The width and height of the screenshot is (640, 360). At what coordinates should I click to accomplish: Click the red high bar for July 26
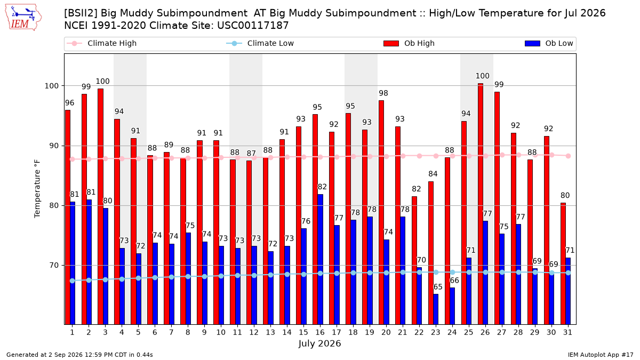tap(481, 204)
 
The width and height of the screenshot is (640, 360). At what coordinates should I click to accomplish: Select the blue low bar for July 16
tap(321, 259)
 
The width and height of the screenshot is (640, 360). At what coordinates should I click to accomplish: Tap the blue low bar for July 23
tap(436, 309)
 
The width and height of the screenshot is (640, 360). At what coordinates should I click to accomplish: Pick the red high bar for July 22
tap(414, 261)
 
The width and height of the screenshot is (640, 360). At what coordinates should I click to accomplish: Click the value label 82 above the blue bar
tap(322, 187)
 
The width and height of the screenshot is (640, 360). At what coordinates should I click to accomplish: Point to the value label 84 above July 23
tap(433, 174)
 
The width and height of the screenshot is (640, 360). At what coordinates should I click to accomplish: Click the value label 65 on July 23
tap(438, 287)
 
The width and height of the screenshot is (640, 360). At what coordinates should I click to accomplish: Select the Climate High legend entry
tap(101, 43)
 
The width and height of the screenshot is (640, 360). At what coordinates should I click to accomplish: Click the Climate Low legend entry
tap(260, 43)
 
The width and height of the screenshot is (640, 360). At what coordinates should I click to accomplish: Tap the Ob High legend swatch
tap(391, 43)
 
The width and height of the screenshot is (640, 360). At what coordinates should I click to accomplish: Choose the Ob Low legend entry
tap(549, 43)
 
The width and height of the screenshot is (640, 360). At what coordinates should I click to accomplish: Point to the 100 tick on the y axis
tap(52, 86)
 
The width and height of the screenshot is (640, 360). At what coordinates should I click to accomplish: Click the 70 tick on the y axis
tap(54, 266)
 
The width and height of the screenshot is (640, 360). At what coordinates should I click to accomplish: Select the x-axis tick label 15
tap(303, 333)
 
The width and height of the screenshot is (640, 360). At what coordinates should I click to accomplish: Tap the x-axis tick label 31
tap(567, 333)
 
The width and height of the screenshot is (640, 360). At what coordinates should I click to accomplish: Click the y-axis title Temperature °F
tap(37, 189)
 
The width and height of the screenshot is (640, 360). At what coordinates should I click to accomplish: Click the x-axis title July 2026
tap(319, 343)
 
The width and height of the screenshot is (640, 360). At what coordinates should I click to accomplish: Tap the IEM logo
tap(23, 18)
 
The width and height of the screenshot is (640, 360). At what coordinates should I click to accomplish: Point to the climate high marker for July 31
tap(569, 156)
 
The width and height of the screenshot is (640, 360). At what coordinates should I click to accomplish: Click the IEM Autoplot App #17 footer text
tap(601, 355)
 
